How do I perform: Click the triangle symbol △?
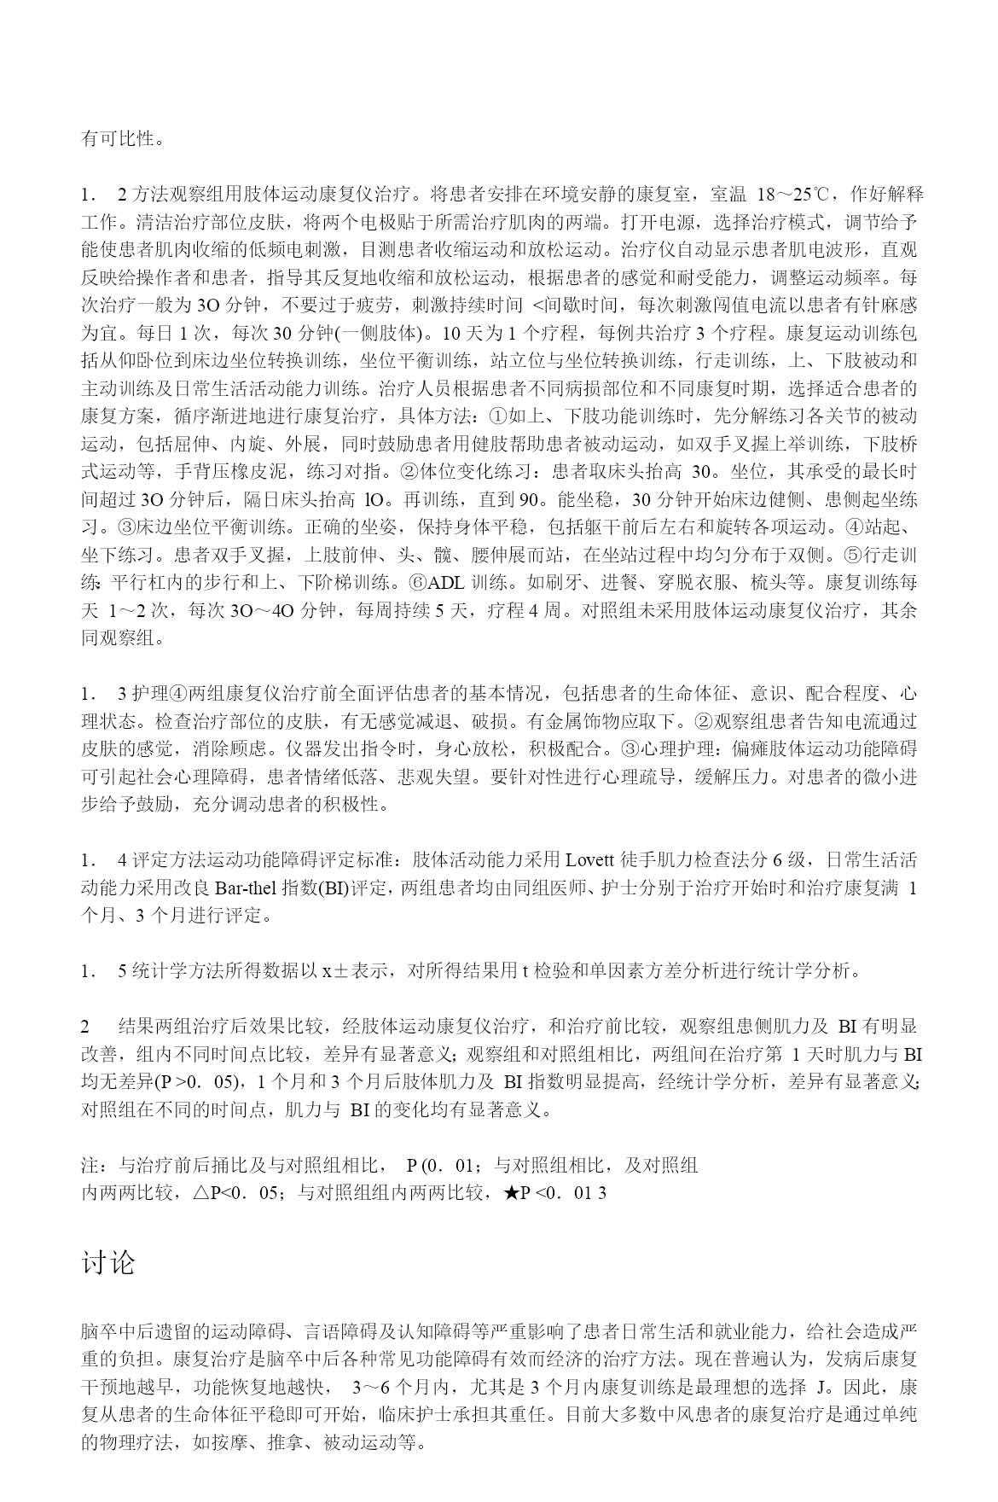click(202, 1193)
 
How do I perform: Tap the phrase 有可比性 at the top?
click(119, 138)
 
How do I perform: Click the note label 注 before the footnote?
click(90, 1166)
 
